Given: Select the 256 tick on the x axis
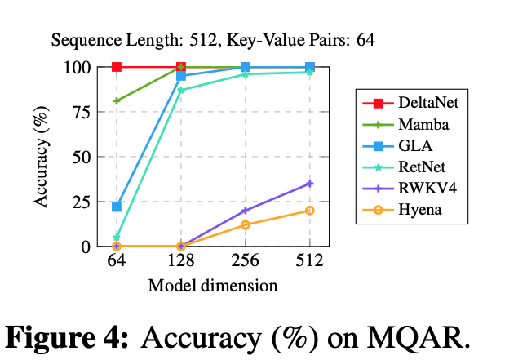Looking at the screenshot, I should tap(246, 262).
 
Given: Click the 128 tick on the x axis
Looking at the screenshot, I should tap(181, 262).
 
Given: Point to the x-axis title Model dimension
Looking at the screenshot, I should tap(213, 286).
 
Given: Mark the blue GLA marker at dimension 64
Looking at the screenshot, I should tap(117, 207).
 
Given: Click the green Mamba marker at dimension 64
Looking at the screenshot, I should tap(117, 101).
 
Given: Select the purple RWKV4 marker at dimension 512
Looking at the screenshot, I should tap(310, 184).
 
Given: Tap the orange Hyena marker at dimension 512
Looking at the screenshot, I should tap(310, 211).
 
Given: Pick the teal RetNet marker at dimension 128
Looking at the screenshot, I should tap(181, 90).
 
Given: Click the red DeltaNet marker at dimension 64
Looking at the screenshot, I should tap(117, 67).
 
